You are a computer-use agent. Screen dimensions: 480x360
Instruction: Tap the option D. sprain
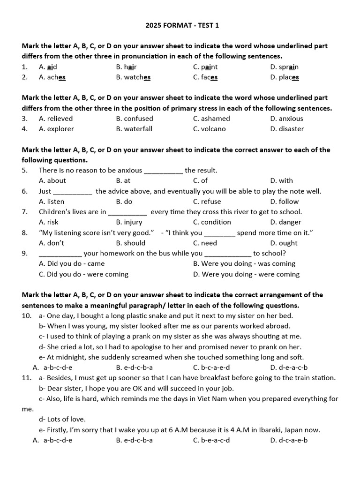[x=285, y=67]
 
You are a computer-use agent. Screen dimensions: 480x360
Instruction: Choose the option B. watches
[x=134, y=77]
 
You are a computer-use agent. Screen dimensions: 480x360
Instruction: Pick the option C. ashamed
[x=211, y=119]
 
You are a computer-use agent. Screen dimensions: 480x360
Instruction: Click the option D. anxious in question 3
[x=286, y=119]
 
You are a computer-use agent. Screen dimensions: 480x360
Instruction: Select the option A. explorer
[x=56, y=129]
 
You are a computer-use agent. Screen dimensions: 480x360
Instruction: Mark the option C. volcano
[x=209, y=129]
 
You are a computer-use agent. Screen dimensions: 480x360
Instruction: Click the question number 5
[x=25, y=171]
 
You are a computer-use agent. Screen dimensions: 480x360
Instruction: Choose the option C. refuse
[x=207, y=202]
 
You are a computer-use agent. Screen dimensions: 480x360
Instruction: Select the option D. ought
[x=284, y=243]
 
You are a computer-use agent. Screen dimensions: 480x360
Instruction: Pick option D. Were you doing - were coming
[x=246, y=274]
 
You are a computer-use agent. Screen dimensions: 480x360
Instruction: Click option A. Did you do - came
[x=72, y=263]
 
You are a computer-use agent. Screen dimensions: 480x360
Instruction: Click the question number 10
[x=26, y=316]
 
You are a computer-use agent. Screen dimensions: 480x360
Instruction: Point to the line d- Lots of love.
[x=62, y=420]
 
